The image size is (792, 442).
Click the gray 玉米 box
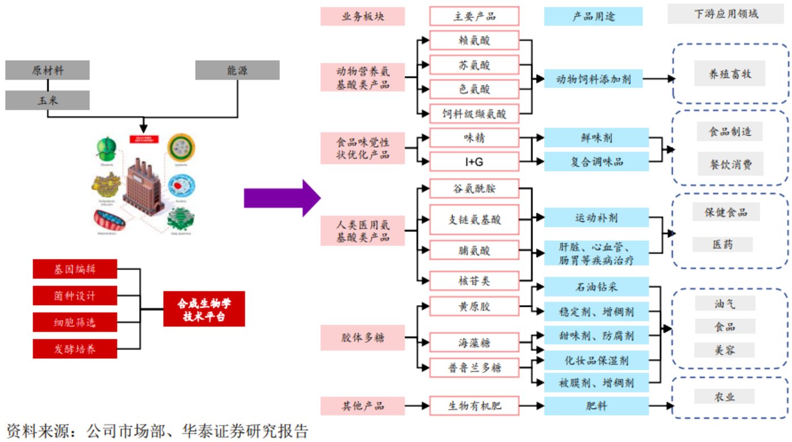pyautogui.click(x=48, y=100)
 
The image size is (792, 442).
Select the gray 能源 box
pyautogui.click(x=237, y=70)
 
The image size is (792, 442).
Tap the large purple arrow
pyautogui.click(x=281, y=198)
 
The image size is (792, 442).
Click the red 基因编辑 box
pyautogui.click(x=75, y=269)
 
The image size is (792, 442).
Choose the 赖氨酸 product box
pyautogui.click(x=474, y=41)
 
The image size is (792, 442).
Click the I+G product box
pyautogui.click(x=474, y=162)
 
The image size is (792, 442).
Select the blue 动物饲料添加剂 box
pyautogui.click(x=593, y=79)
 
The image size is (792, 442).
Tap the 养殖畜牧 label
pyautogui.click(x=730, y=74)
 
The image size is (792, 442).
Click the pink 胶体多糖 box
pyautogui.click(x=362, y=337)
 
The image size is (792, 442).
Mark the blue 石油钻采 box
pyautogui.click(x=596, y=286)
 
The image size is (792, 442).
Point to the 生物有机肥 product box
pyautogui.click(x=474, y=406)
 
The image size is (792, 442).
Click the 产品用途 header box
pyautogui.click(x=593, y=16)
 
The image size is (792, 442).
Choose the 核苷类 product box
pyautogui.click(x=474, y=281)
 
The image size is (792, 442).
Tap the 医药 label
pyautogui.click(x=722, y=244)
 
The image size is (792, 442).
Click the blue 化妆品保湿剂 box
pyautogui.click(x=596, y=359)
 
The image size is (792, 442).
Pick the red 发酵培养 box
pyautogui.click(x=75, y=349)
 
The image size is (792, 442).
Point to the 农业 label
pyautogui.click(x=725, y=396)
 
